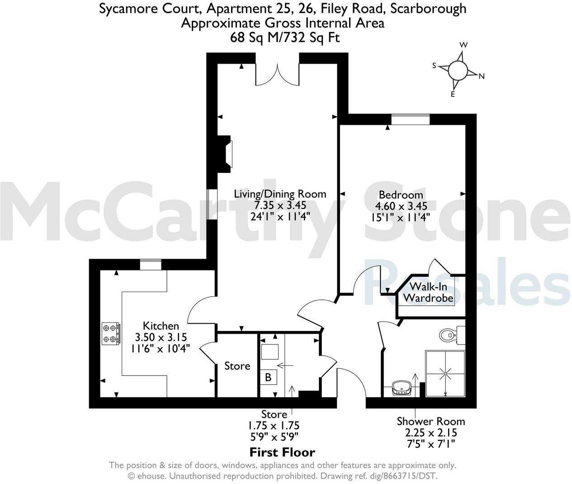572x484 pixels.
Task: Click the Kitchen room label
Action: coord(161,326)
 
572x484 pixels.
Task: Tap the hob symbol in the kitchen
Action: coord(111,333)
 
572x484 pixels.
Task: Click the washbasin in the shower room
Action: coord(402,387)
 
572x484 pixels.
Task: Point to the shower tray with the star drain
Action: coord(445,373)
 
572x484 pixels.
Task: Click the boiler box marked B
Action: coord(268,377)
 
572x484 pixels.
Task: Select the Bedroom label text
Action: coord(401,195)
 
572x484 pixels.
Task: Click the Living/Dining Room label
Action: coord(280,194)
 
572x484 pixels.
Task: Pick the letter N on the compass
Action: coord(482,76)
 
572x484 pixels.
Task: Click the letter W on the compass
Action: coord(463,45)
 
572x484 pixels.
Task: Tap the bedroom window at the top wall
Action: coord(410,119)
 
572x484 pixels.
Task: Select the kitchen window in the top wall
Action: coord(150,264)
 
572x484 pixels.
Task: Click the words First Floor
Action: coord(282,452)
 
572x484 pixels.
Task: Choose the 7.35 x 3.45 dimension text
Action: coord(280,205)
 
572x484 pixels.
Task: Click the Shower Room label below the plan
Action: coord(430,421)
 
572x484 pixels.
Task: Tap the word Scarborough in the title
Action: coord(431,9)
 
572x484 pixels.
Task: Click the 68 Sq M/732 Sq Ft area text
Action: coord(285,37)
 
